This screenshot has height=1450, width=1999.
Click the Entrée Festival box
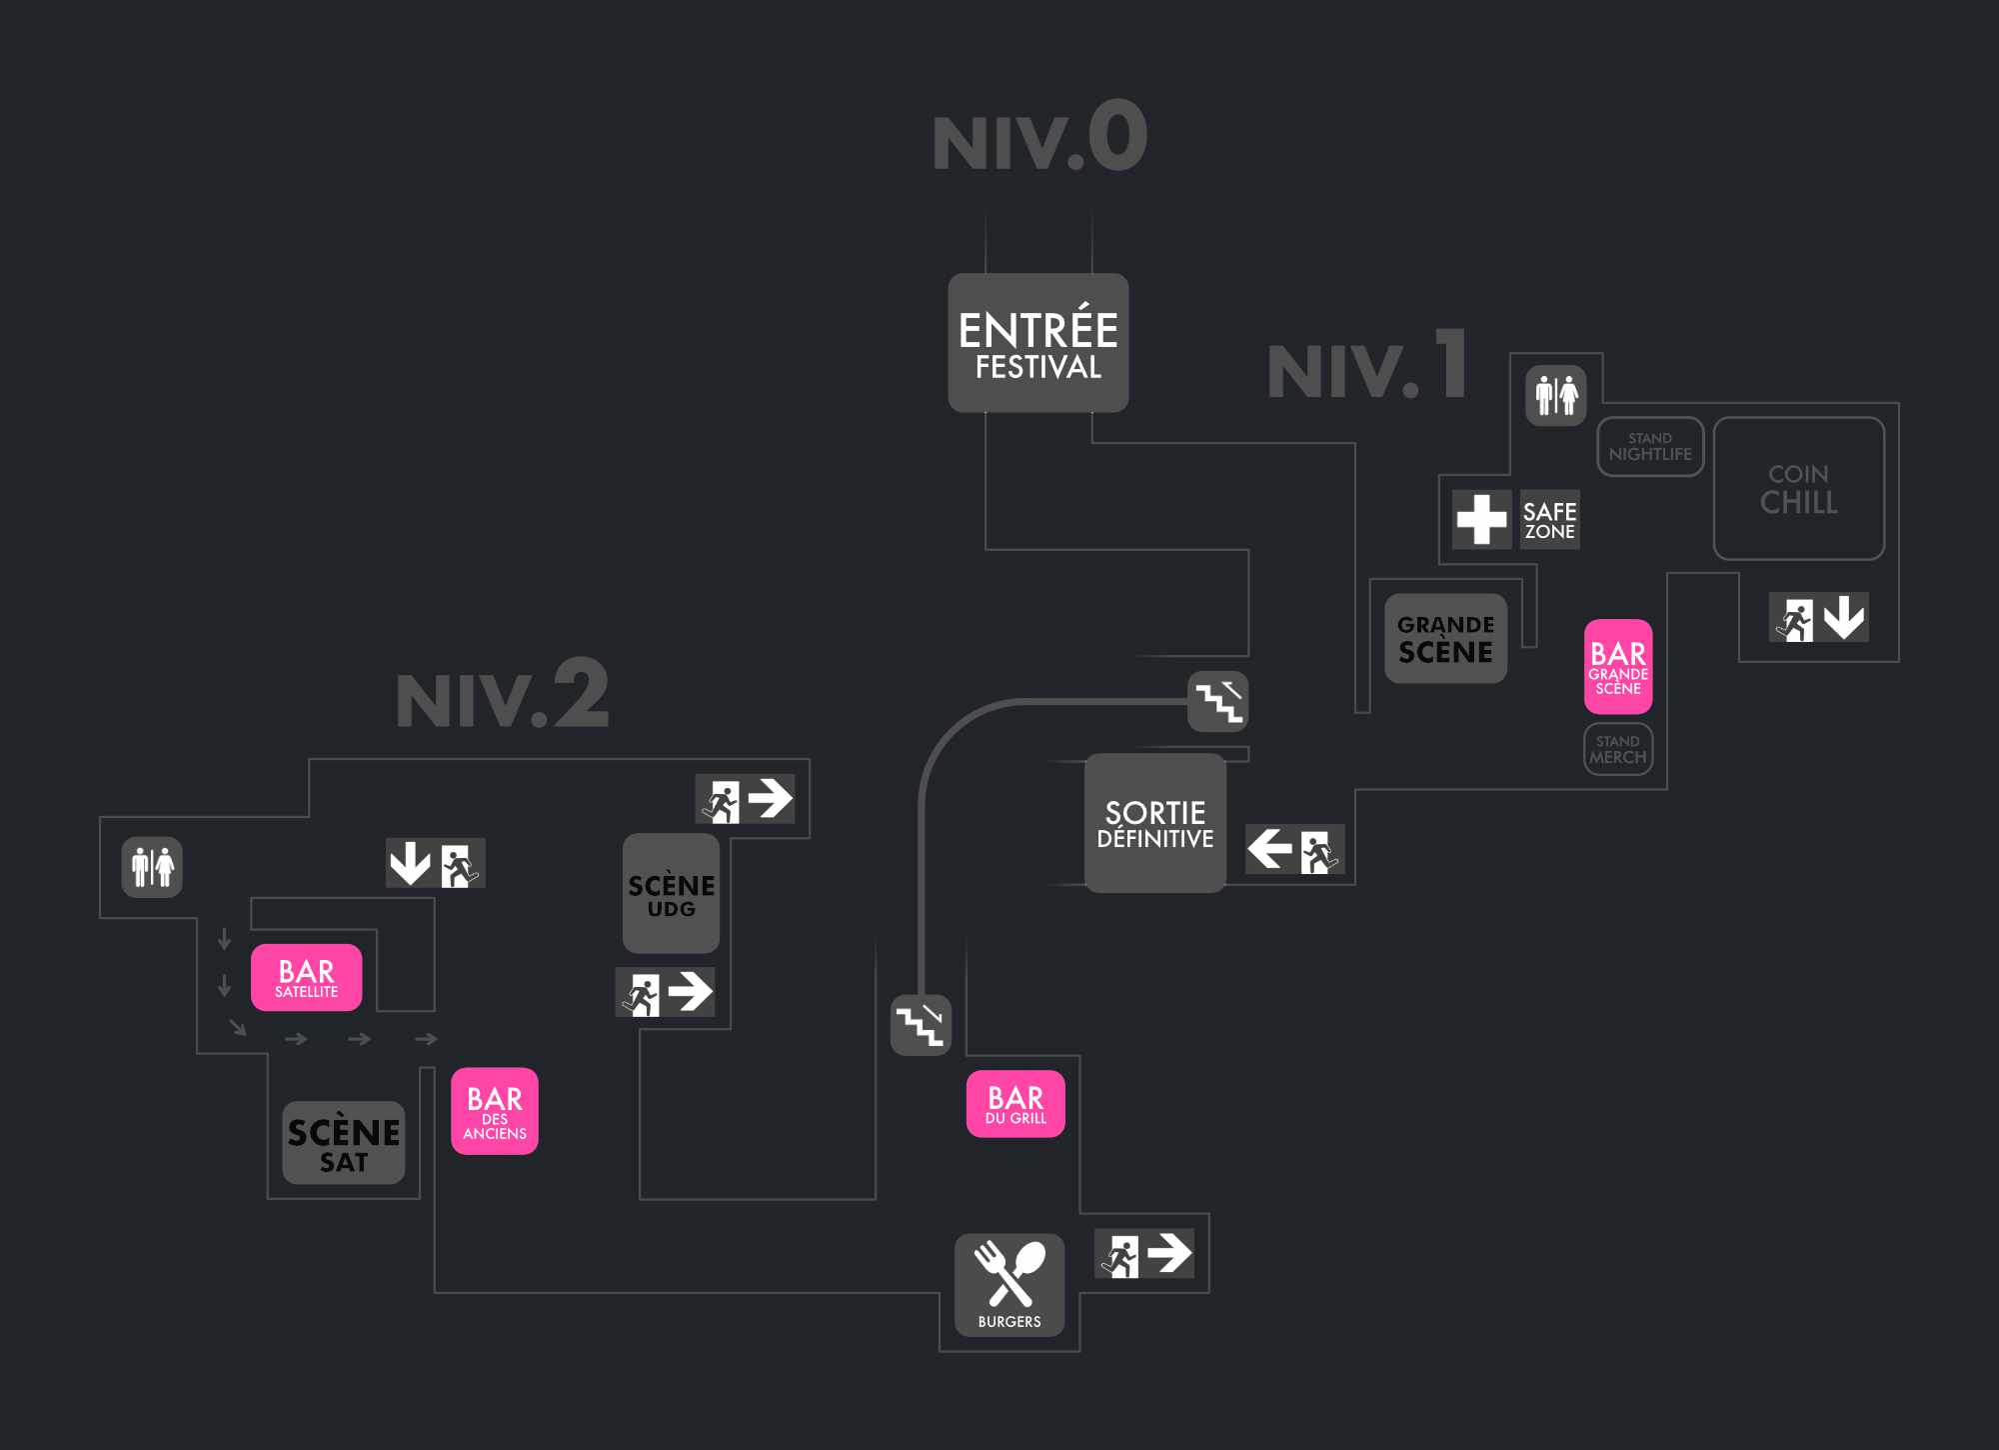[x=1037, y=343]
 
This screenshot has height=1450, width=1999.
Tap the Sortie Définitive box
[x=1154, y=823]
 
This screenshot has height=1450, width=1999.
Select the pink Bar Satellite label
[x=306, y=977]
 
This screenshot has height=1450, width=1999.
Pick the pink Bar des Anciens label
[x=495, y=1111]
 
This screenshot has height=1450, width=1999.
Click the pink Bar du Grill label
[x=1015, y=1104]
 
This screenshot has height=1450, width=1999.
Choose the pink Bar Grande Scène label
[x=1618, y=666]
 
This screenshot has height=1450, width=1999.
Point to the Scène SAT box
[x=344, y=1143]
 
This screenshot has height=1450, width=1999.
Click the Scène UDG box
[x=671, y=893]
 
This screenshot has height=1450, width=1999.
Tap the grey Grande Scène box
[x=1445, y=638]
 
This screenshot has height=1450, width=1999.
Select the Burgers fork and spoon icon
[x=1009, y=1276]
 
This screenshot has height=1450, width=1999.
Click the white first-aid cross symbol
[x=1481, y=519]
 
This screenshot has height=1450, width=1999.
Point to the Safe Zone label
[x=1549, y=520]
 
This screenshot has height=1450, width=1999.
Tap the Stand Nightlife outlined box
[x=1650, y=446]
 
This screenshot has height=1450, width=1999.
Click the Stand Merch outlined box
[x=1618, y=749]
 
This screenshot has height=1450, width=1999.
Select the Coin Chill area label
[x=1798, y=488]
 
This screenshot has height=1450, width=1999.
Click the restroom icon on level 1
[x=1556, y=395]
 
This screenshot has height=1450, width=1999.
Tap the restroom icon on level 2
[x=152, y=867]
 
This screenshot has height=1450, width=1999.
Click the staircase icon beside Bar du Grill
[x=921, y=1024]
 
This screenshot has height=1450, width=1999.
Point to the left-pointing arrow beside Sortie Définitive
[x=1269, y=849]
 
